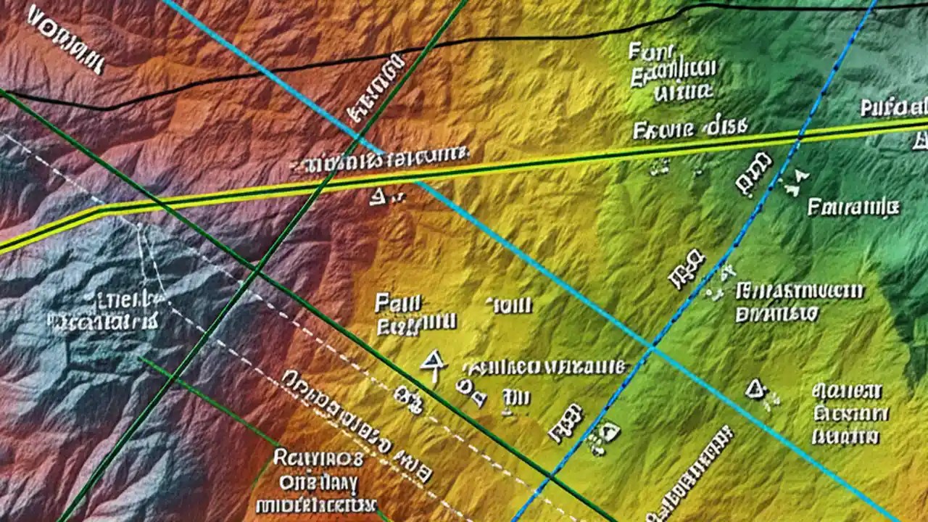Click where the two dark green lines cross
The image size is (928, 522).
[255, 272]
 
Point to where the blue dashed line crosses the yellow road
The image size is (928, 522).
[800, 135]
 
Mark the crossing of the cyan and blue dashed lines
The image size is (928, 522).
[651, 348]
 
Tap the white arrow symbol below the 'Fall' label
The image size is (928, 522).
[432, 362]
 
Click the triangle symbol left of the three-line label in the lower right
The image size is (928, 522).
[755, 390]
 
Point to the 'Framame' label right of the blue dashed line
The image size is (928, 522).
[853, 208]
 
